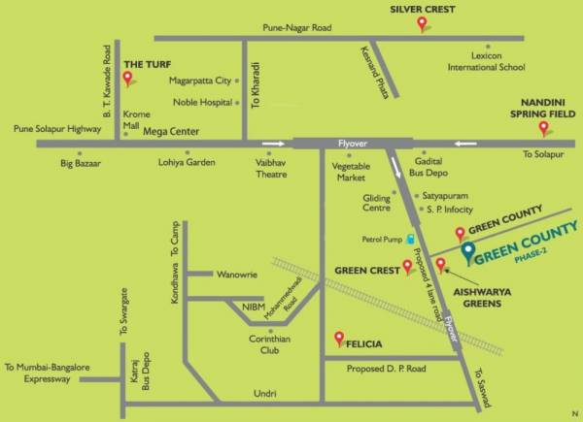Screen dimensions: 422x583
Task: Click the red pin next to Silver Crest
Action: [x=422, y=26]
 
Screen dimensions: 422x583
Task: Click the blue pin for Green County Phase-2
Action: [x=467, y=253]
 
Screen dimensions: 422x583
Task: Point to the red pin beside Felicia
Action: [x=339, y=339]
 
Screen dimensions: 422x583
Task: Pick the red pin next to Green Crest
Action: [x=409, y=268]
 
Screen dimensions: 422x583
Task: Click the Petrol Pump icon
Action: [x=411, y=238]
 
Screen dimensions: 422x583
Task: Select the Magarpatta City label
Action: [x=200, y=81]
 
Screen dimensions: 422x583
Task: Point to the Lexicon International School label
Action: [x=486, y=61]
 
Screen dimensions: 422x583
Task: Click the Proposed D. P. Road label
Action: [x=386, y=370]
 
